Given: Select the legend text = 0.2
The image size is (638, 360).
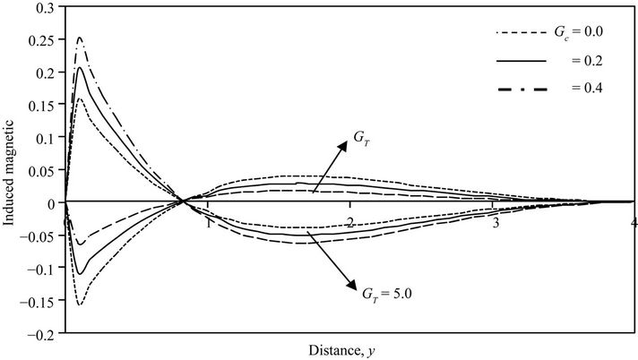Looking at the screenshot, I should [582, 63].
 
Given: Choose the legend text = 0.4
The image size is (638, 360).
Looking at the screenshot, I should [582, 91].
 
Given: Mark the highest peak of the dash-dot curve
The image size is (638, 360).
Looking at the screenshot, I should [80, 38].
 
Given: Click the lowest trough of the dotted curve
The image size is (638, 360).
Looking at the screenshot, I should [80, 304].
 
